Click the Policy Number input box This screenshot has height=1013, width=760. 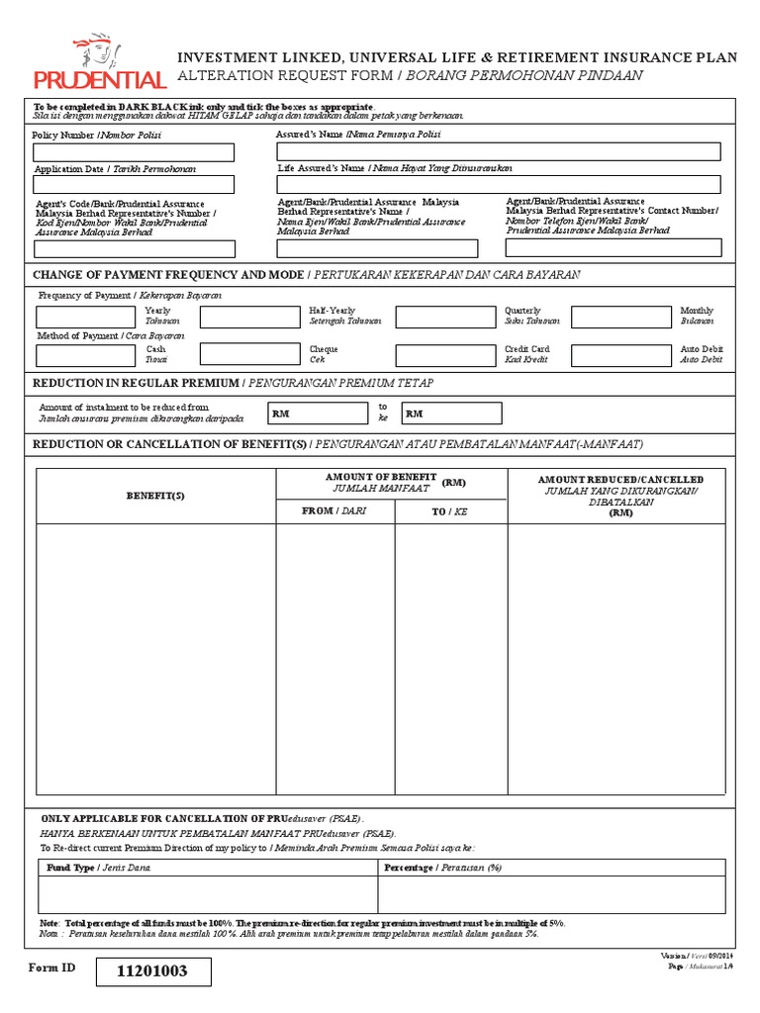click(135, 152)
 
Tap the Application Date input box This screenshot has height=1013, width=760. click(135, 185)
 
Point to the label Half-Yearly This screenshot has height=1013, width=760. click(332, 311)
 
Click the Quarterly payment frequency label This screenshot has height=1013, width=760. click(522, 311)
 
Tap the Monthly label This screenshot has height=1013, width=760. click(697, 311)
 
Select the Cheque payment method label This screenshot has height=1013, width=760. click(324, 349)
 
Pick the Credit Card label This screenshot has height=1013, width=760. click(526, 349)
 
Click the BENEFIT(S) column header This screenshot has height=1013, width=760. click(155, 496)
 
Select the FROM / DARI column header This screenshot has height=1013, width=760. click(333, 511)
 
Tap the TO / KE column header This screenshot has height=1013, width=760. click(450, 511)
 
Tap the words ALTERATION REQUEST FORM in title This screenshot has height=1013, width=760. click(286, 75)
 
